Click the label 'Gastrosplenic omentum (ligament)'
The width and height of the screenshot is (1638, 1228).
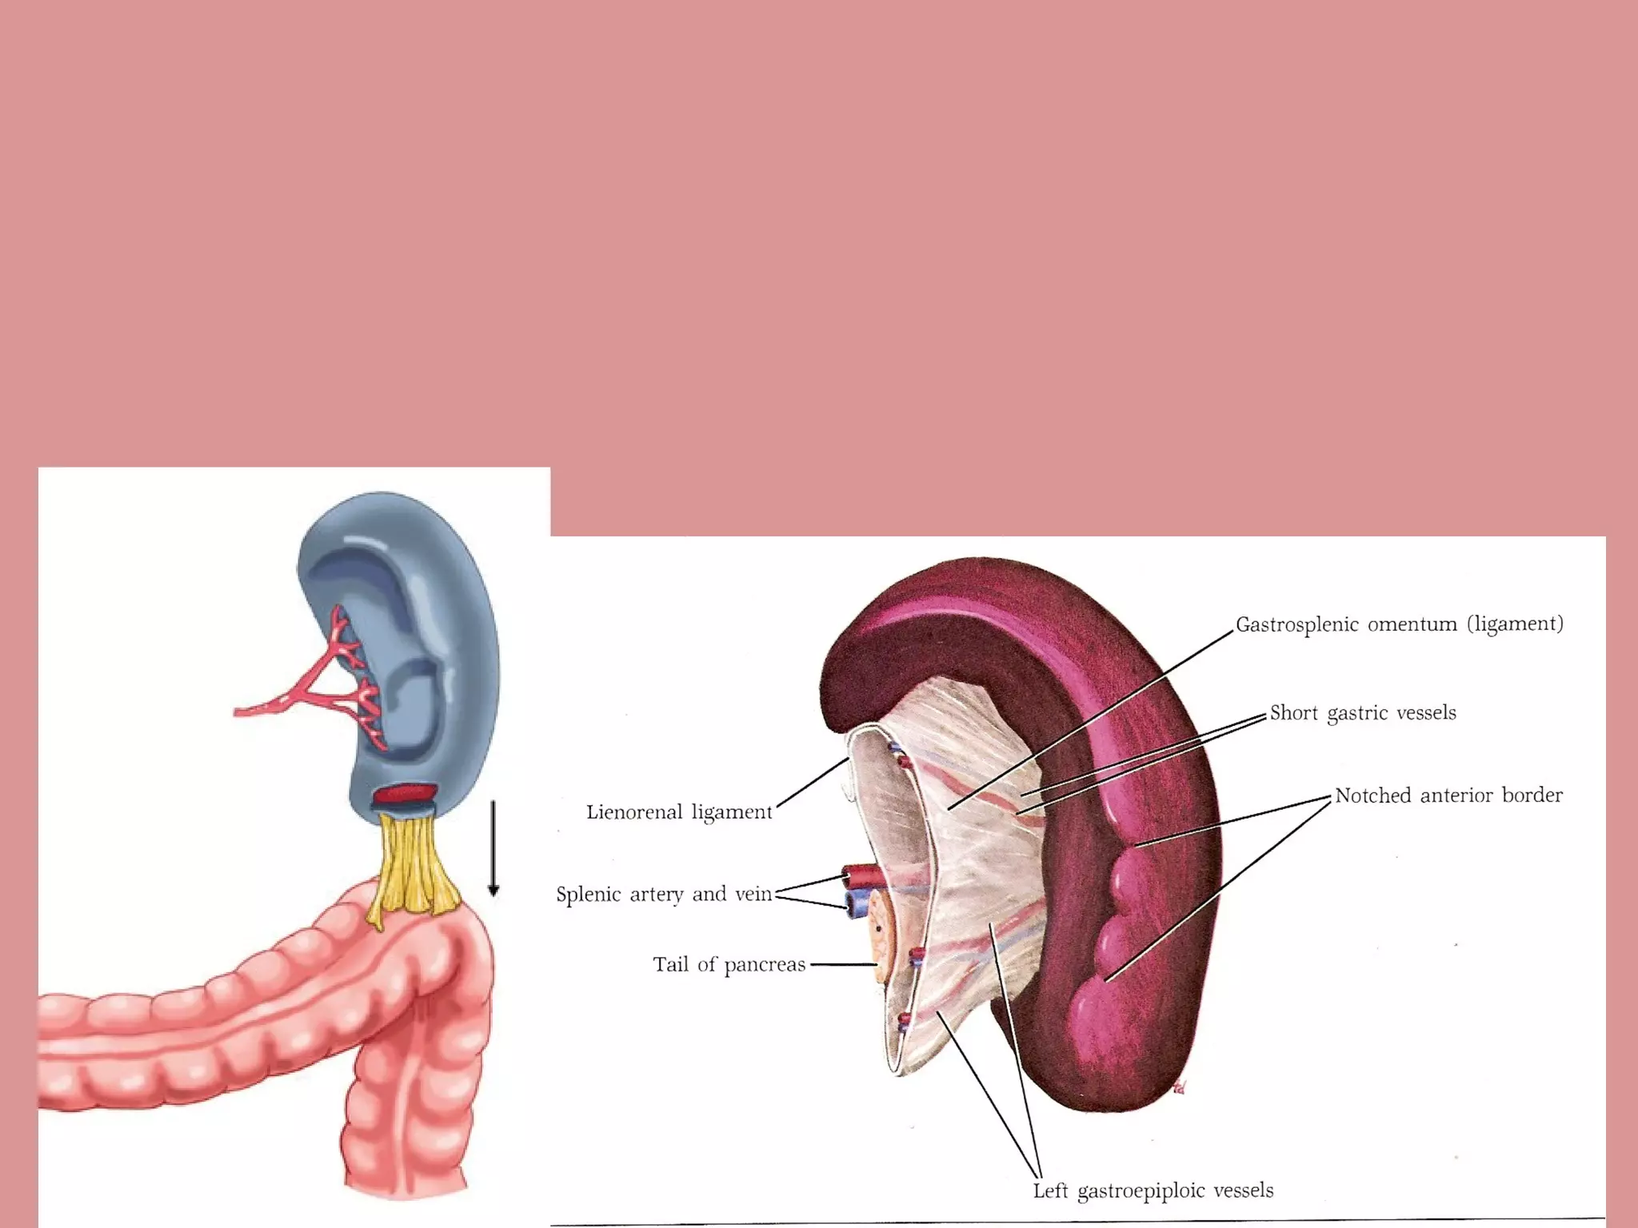click(x=1399, y=624)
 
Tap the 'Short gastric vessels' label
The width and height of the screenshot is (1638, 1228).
click(x=1363, y=713)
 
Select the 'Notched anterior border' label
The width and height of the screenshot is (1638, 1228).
click(x=1448, y=795)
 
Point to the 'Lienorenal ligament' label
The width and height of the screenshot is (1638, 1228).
click(x=679, y=812)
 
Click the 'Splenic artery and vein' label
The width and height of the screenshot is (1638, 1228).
click(x=664, y=894)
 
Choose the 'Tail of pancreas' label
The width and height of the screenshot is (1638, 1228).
click(x=729, y=965)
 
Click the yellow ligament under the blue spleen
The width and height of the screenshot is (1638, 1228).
click(x=414, y=867)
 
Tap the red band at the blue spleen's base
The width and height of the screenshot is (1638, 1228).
click(x=406, y=795)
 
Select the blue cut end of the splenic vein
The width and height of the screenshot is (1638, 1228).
click(x=858, y=903)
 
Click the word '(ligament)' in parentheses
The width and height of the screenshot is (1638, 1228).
click(x=1515, y=624)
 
